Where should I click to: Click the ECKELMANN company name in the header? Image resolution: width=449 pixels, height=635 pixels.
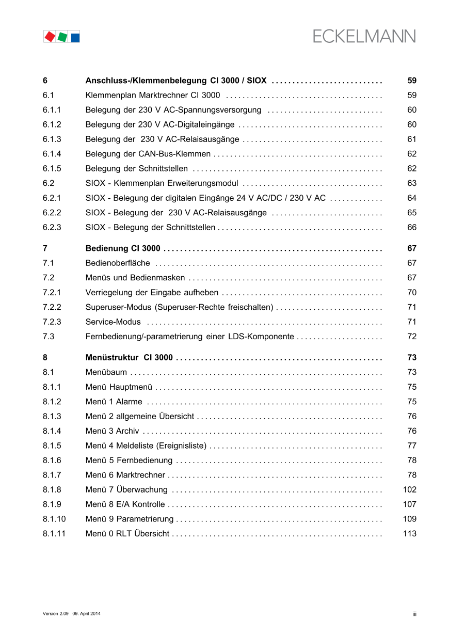pyautogui.click(x=364, y=37)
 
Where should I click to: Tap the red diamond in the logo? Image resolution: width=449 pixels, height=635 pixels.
pyautogui.click(x=50, y=37)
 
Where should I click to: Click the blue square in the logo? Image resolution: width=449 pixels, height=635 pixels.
pyautogui.click(x=75, y=38)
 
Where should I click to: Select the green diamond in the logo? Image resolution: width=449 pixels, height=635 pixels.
pyautogui.click(x=62, y=37)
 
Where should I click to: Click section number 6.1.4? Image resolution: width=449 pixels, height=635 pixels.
pyautogui.click(x=52, y=154)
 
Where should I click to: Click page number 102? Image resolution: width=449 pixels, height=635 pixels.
pyautogui.click(x=409, y=489)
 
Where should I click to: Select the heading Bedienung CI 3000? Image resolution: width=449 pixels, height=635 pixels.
pyautogui.click(x=123, y=248)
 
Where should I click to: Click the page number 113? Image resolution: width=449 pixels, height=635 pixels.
pyautogui.click(x=409, y=534)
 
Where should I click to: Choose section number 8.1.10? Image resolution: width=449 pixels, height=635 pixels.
pyautogui.click(x=55, y=519)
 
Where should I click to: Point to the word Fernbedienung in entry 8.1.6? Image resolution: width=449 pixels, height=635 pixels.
pyautogui.click(x=145, y=461)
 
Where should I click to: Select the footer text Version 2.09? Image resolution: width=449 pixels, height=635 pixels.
pyautogui.click(x=56, y=613)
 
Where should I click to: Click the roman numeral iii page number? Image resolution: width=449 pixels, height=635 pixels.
pyautogui.click(x=414, y=614)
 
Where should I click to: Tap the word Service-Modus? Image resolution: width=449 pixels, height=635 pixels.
pyautogui.click(x=113, y=322)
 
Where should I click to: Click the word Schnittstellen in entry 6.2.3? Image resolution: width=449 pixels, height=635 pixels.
pyautogui.click(x=190, y=228)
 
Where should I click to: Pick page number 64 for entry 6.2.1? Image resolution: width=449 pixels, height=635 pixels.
pyautogui.click(x=412, y=198)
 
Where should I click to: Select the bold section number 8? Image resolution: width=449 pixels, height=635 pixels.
pyautogui.click(x=45, y=358)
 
